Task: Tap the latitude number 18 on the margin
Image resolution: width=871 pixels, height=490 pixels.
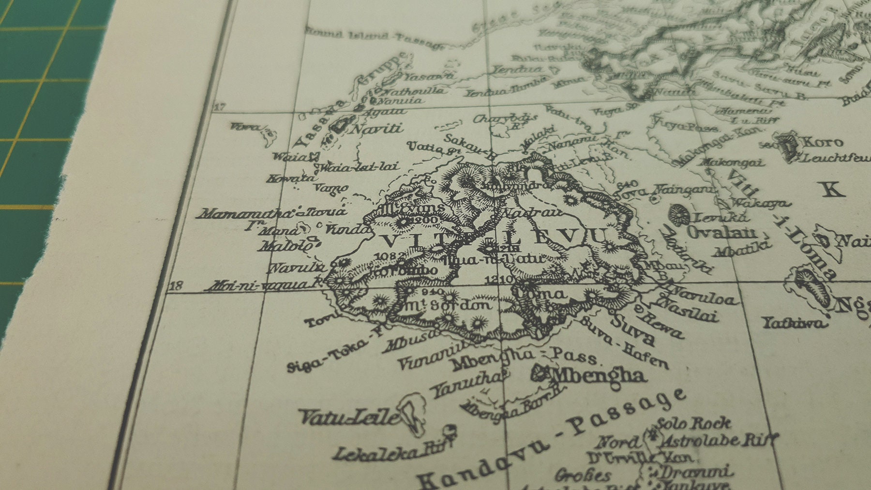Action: [176, 286]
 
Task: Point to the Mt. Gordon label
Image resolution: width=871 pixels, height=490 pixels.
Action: [447, 306]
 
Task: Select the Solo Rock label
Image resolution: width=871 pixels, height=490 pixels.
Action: [693, 424]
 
